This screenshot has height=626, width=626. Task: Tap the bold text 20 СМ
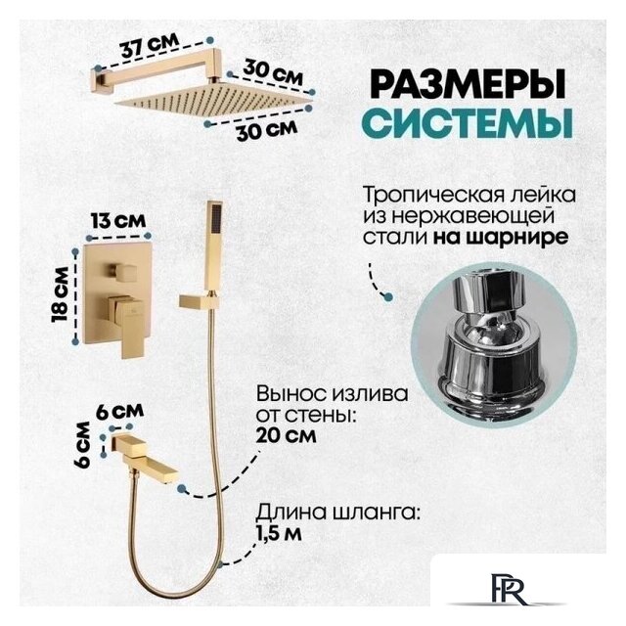pos(286,435)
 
